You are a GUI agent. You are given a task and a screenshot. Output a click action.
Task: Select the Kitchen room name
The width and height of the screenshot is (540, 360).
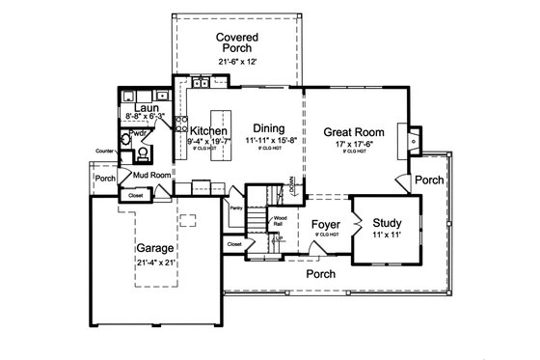click(x=208, y=131)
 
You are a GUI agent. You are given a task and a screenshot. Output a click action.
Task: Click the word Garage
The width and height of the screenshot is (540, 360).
click(x=153, y=247)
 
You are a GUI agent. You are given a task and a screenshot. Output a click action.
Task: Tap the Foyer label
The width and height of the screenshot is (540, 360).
click(x=325, y=225)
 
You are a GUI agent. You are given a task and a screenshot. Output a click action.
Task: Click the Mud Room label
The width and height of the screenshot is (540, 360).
click(x=151, y=175)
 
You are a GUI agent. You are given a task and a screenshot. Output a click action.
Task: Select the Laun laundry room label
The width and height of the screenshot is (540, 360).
click(x=146, y=107)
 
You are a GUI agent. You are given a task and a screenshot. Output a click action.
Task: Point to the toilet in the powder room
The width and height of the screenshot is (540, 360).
click(x=143, y=152)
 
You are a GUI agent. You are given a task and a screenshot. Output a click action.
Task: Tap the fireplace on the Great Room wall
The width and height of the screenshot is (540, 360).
click(x=414, y=137)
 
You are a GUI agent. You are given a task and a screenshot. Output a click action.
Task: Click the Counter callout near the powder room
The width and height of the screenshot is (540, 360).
click(x=105, y=151)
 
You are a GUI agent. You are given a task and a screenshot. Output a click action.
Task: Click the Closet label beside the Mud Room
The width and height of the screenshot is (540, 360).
click(x=133, y=196)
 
